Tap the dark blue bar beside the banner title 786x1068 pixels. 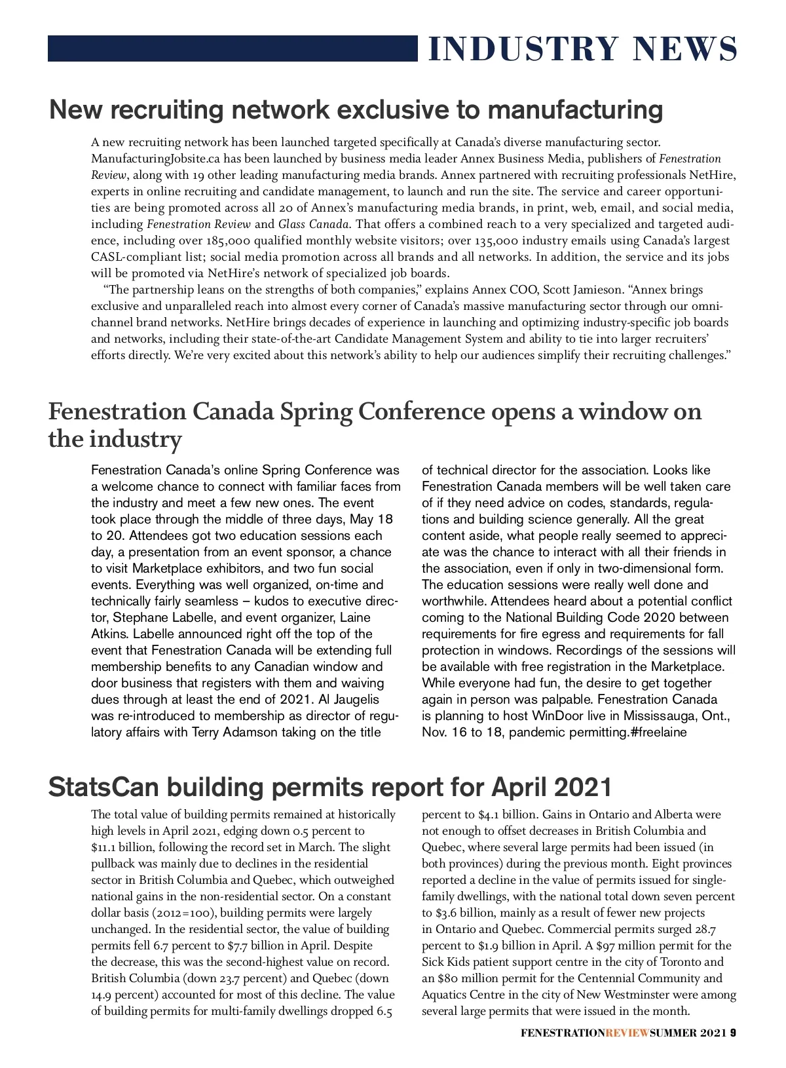pyautogui.click(x=233, y=48)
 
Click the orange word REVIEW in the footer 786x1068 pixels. pyautogui.click(x=627, y=1033)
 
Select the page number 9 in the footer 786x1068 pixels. pyautogui.click(x=734, y=1033)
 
